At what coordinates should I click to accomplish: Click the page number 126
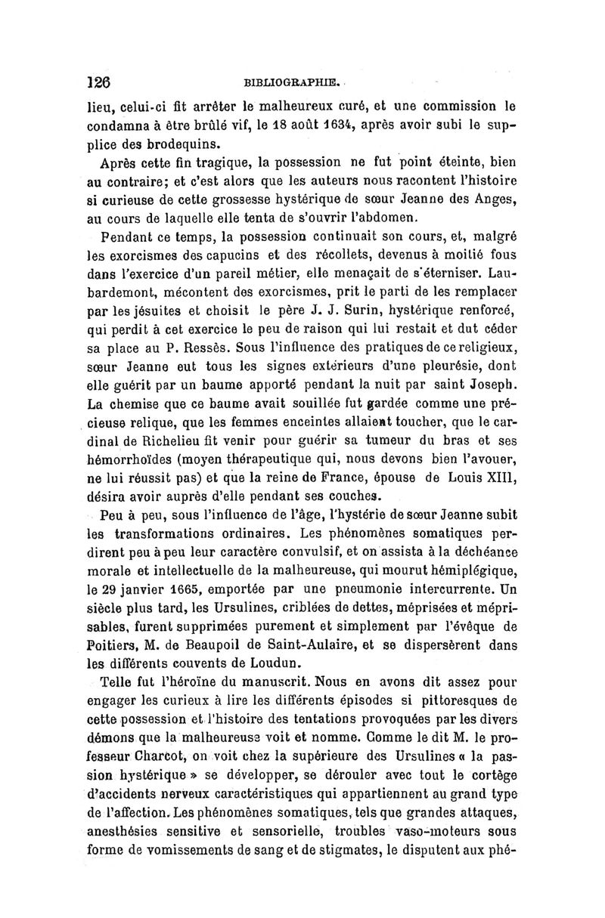[x=99, y=82]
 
